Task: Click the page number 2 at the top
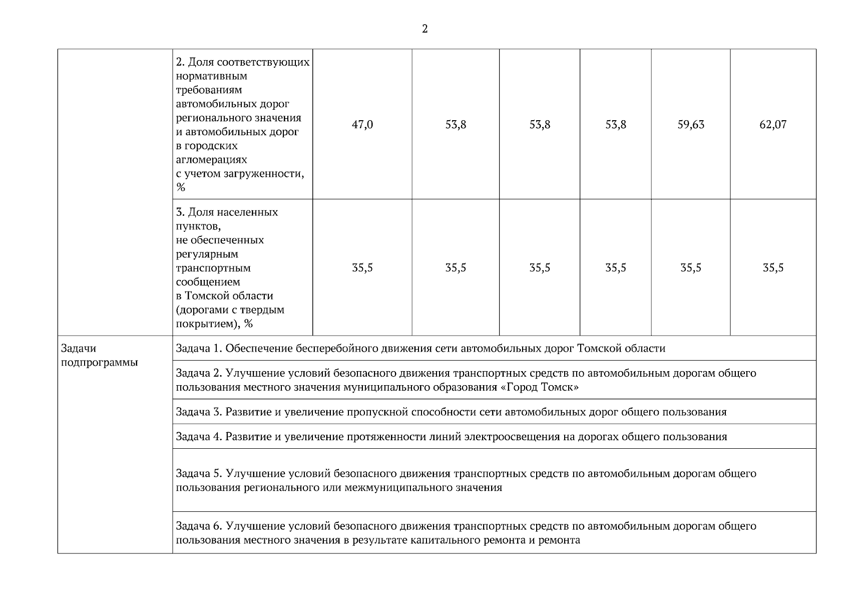[x=425, y=29]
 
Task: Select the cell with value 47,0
[x=362, y=125]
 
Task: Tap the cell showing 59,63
[x=691, y=125]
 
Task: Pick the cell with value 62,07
[x=773, y=125]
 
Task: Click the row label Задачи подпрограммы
[x=99, y=356]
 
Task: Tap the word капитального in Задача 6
[x=443, y=540]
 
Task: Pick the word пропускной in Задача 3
[x=376, y=412]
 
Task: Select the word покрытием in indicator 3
[x=205, y=324]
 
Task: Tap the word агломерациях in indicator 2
[x=212, y=160]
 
